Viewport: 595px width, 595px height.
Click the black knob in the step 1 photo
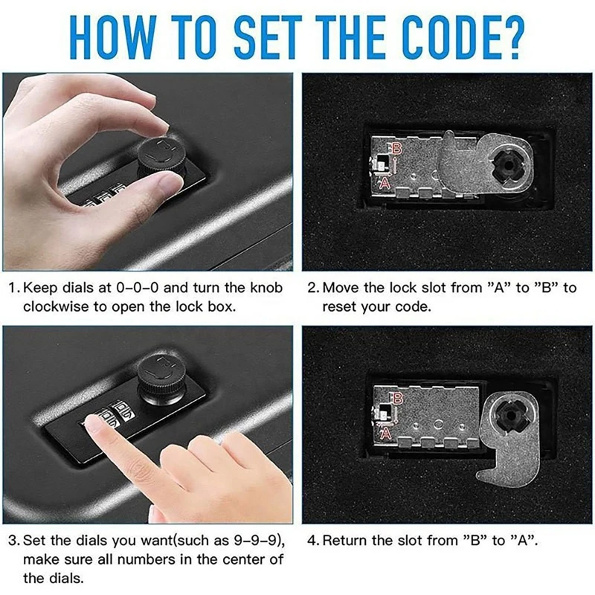(x=161, y=159)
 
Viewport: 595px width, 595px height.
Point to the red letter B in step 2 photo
(x=396, y=148)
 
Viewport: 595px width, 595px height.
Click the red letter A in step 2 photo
(x=385, y=182)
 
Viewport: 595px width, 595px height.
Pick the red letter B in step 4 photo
(x=396, y=399)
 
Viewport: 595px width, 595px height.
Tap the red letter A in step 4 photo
(x=385, y=432)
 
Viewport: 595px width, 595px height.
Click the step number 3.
(x=13, y=541)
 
